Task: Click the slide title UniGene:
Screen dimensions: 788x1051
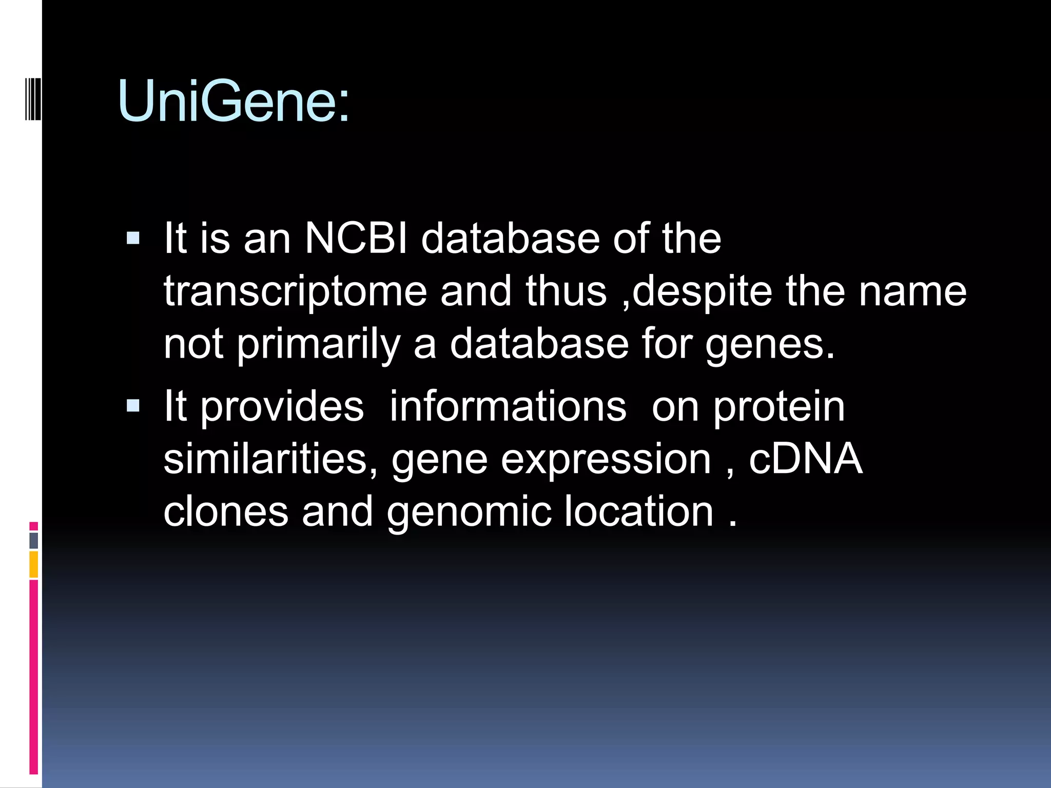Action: pos(233,101)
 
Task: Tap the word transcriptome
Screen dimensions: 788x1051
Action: pos(295,291)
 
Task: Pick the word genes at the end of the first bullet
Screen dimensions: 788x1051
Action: pos(769,345)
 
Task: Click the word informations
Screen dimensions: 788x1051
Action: pos(508,406)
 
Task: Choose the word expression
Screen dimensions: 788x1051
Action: pos(606,460)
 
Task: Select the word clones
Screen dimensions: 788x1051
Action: pos(226,511)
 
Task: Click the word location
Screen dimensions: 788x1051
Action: pos(639,511)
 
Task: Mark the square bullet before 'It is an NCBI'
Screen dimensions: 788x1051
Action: pos(133,238)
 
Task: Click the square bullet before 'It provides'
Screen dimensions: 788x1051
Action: pos(133,406)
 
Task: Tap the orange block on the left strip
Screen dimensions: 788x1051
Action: pos(34,565)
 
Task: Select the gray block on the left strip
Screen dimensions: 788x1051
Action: pos(34,540)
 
